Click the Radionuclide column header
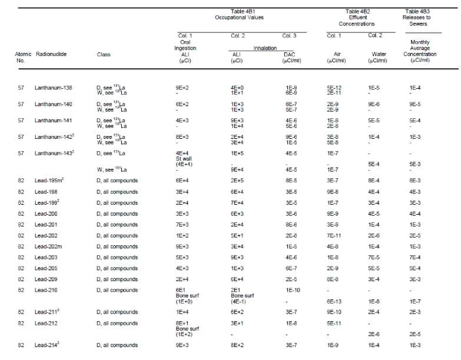click(x=51, y=54)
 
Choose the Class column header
click(x=104, y=54)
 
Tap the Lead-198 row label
click(x=45, y=191)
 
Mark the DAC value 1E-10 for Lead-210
click(x=290, y=290)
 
